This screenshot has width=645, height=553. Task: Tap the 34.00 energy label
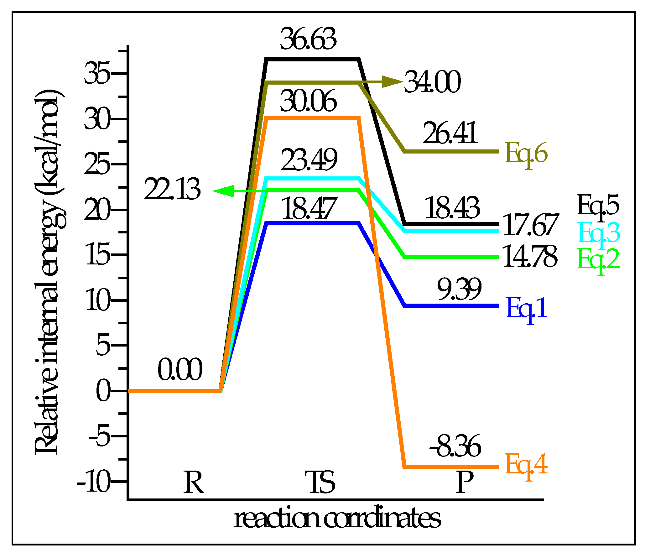[x=432, y=82]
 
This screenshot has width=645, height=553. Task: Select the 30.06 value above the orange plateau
[x=308, y=101]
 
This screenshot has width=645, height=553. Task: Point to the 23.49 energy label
[x=309, y=160]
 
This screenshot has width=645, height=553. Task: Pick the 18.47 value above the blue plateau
[x=309, y=208]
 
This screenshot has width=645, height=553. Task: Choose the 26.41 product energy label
[x=450, y=133]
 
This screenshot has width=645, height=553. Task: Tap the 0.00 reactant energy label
[x=180, y=370]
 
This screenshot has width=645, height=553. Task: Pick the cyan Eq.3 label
[x=599, y=233]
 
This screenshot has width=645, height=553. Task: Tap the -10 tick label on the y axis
[x=94, y=483]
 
